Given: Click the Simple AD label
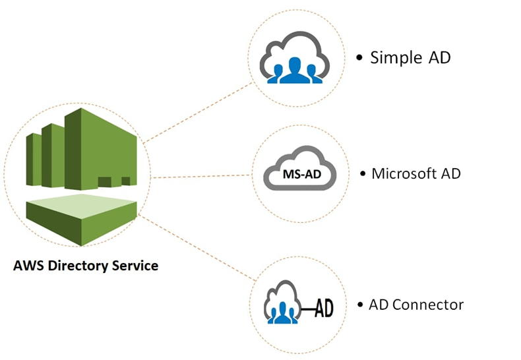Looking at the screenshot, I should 410,57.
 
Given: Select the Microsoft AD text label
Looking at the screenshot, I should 415,174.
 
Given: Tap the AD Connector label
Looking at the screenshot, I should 415,305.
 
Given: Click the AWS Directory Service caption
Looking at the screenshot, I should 86,266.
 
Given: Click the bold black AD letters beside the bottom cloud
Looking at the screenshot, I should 321,307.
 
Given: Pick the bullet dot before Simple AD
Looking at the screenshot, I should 359,58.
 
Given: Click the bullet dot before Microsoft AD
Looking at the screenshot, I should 363,175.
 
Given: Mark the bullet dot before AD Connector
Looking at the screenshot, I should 360,305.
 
